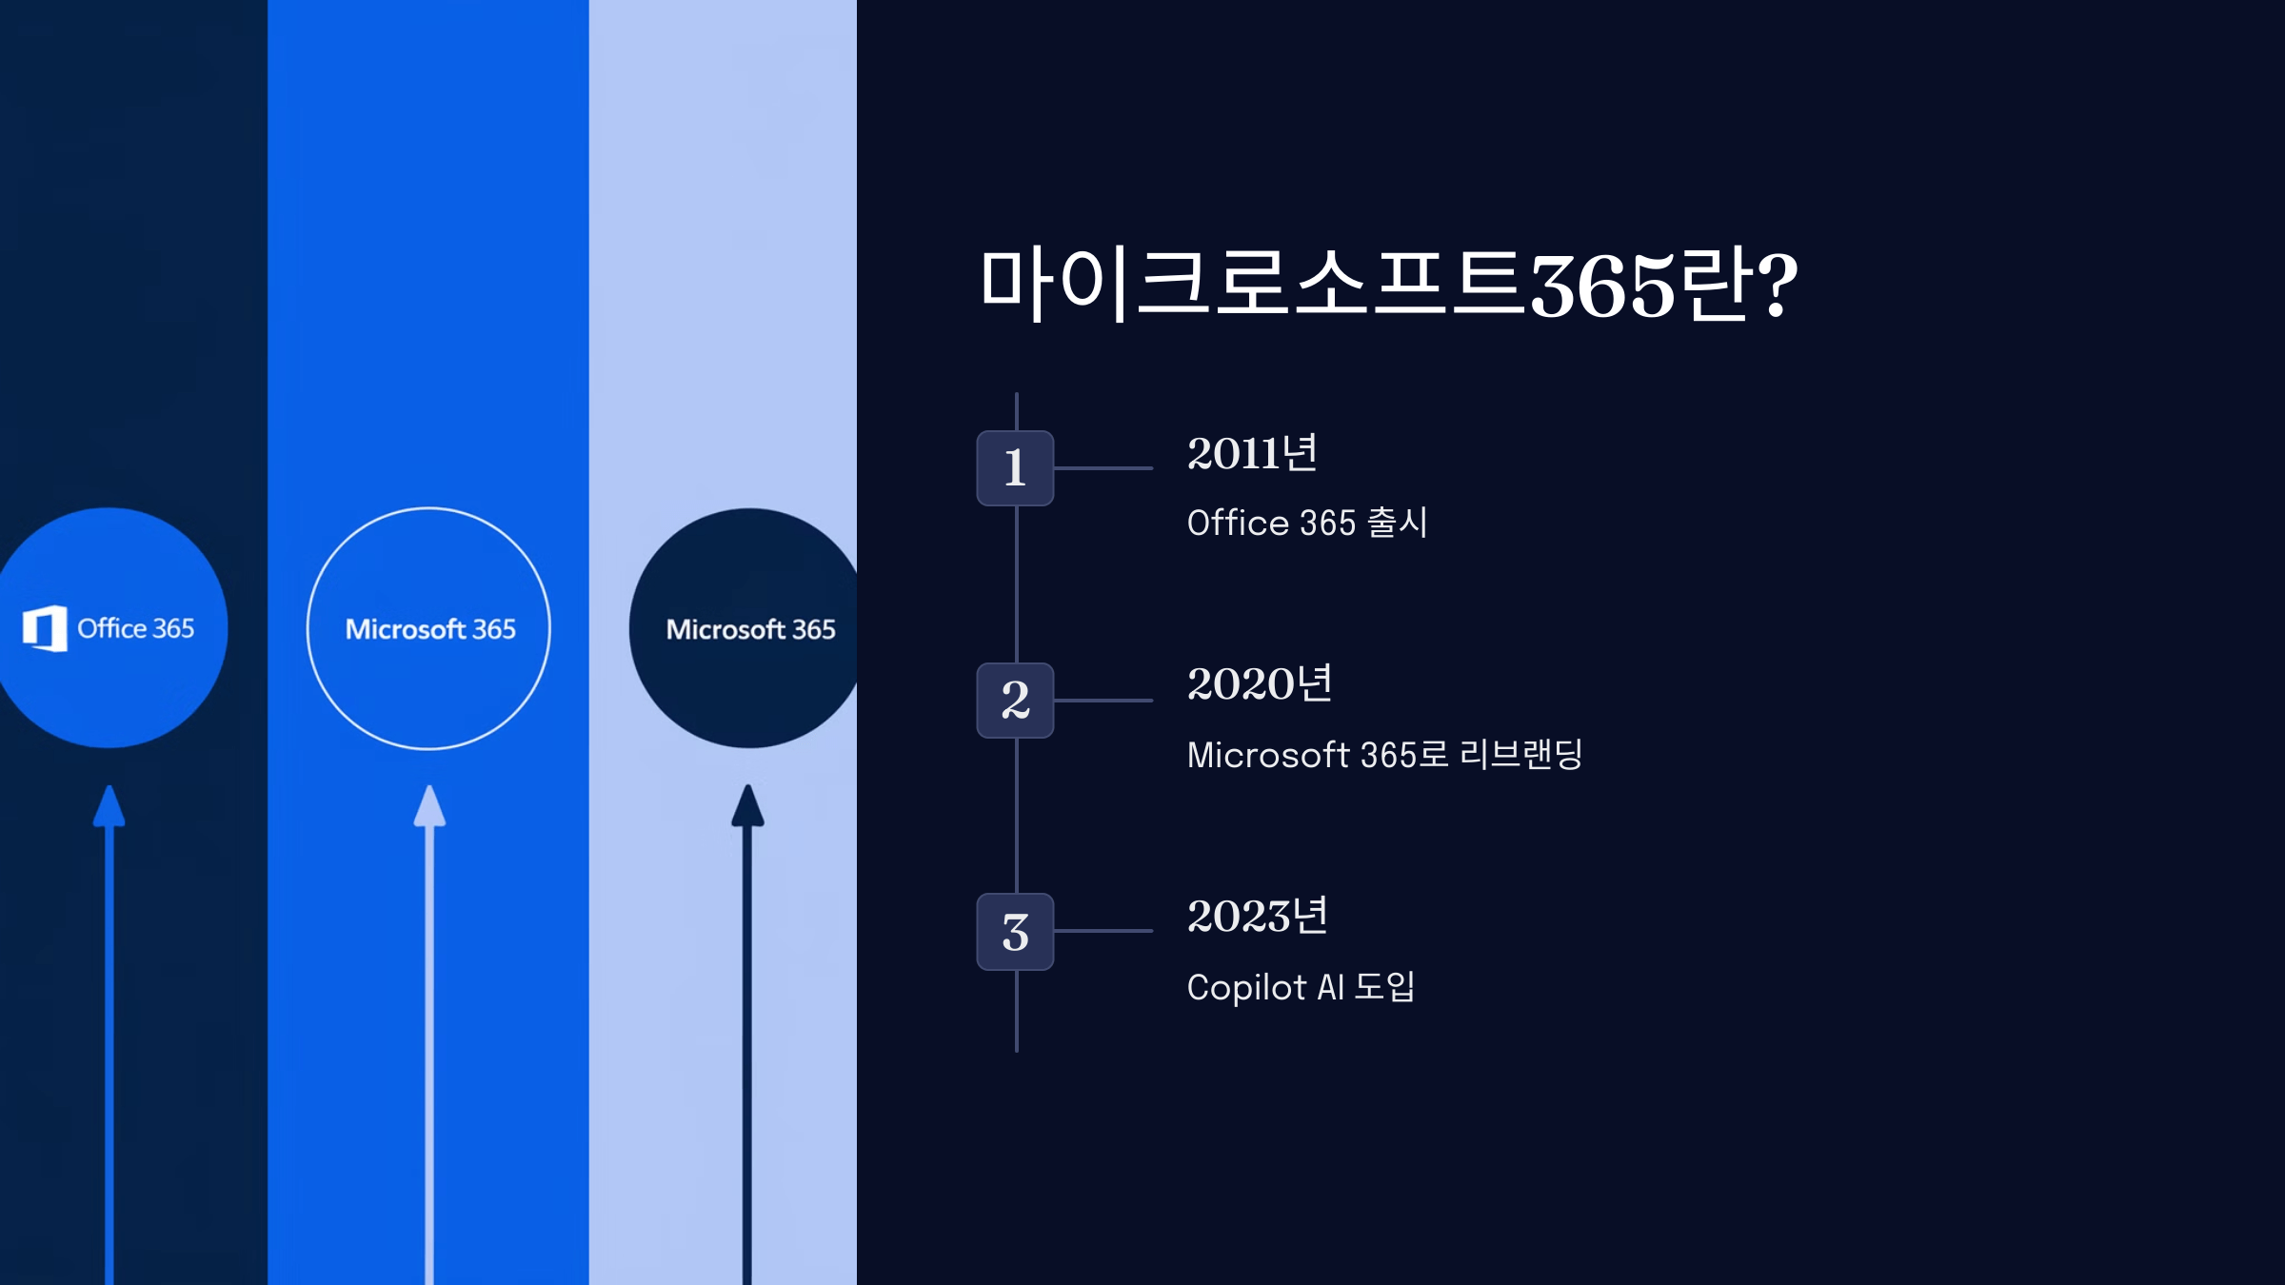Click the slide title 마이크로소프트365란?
[x=1388, y=284]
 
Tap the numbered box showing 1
[x=1015, y=468]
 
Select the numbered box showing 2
[x=1015, y=701]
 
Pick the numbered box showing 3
[x=1015, y=932]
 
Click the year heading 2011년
[x=1252, y=453]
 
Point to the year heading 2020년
[x=1260, y=684]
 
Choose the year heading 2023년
[x=1258, y=917]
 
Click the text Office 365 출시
[x=1307, y=523]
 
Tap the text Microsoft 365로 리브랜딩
[x=1384, y=755]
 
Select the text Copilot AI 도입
[x=1301, y=987]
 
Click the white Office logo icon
[x=45, y=628]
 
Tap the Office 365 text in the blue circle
[x=136, y=628]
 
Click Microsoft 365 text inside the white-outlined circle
[x=430, y=629]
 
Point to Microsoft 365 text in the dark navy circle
[x=750, y=629]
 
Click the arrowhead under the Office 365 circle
[x=109, y=807]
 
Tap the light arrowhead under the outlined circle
[x=429, y=807]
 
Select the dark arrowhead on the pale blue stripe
[x=747, y=807]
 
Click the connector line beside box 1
[x=1103, y=468]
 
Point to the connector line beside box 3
[x=1103, y=931]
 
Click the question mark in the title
[x=1777, y=284]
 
